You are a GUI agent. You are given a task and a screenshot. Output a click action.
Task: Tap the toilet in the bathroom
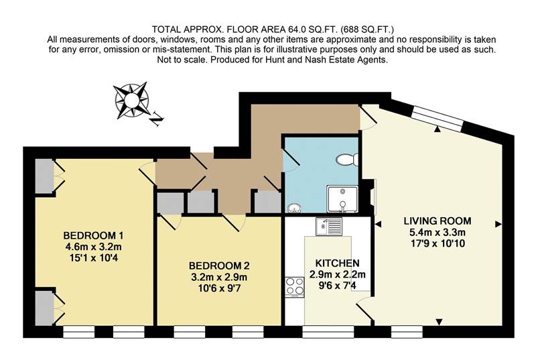tap(347, 159)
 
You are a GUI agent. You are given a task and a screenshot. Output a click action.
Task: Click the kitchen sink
tap(330, 227)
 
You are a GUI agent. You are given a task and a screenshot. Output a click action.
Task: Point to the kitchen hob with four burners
tap(295, 286)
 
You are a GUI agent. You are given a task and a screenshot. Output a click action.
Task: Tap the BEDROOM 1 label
tap(93, 235)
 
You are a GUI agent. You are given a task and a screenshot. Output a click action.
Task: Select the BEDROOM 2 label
tap(218, 265)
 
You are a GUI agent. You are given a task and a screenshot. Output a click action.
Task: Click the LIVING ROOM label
tap(438, 221)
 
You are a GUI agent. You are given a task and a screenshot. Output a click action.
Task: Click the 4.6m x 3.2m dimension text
tap(93, 246)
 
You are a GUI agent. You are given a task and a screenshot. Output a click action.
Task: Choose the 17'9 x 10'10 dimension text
tap(438, 243)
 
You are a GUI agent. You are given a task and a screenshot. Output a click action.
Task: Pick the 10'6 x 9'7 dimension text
tap(218, 287)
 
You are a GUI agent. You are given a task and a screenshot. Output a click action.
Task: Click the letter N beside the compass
tap(156, 121)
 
